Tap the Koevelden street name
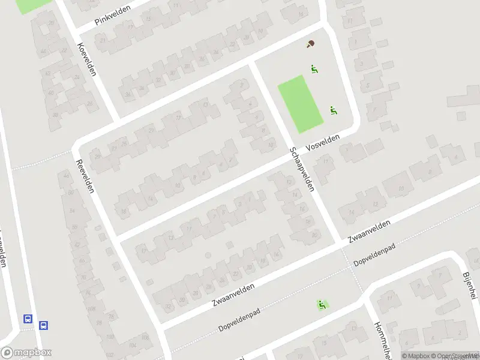pyautogui.click(x=87, y=59)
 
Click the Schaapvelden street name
pyautogui.click(x=301, y=169)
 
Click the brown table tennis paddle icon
pyautogui.click(x=310, y=44)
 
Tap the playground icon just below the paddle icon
pyautogui.click(x=313, y=69)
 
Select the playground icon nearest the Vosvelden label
pyautogui.click(x=333, y=110)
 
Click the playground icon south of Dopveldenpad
pyautogui.click(x=322, y=305)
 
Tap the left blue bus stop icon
pyautogui.click(x=27, y=319)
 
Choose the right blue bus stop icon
pyautogui.click(x=43, y=325)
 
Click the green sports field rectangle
pyautogui.click(x=300, y=104)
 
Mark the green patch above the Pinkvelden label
pyautogui.click(x=33, y=5)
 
